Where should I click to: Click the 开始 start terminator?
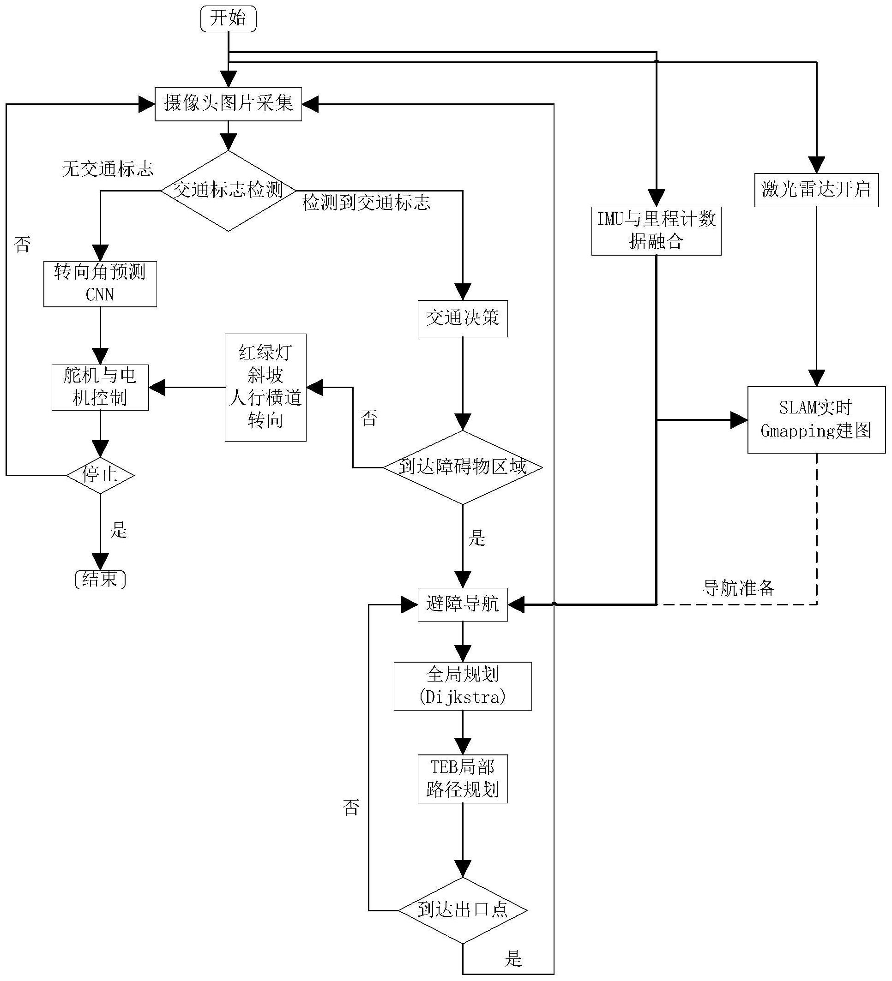(229, 19)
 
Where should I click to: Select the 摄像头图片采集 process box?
(229, 104)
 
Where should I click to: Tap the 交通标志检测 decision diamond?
(229, 190)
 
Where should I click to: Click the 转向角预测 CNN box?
(100, 284)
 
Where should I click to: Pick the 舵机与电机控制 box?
(100, 387)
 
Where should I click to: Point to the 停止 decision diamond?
(100, 475)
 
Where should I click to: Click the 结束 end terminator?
(100, 579)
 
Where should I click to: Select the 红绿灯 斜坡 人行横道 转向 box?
(265, 387)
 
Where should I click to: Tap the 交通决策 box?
(463, 319)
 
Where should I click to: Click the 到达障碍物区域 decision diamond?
(463, 467)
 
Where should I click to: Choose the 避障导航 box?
(463, 604)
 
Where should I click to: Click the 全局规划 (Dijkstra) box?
(463, 686)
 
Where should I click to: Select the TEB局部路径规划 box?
(463, 778)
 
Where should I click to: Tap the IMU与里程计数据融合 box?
(656, 231)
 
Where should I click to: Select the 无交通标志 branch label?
(108, 169)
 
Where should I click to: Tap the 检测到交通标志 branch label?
(366, 203)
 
